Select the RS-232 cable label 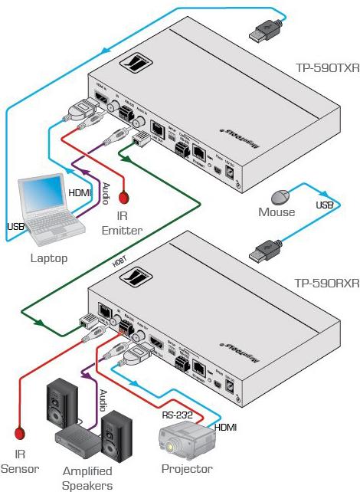coord(177,414)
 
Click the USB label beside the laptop coord(15,228)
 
